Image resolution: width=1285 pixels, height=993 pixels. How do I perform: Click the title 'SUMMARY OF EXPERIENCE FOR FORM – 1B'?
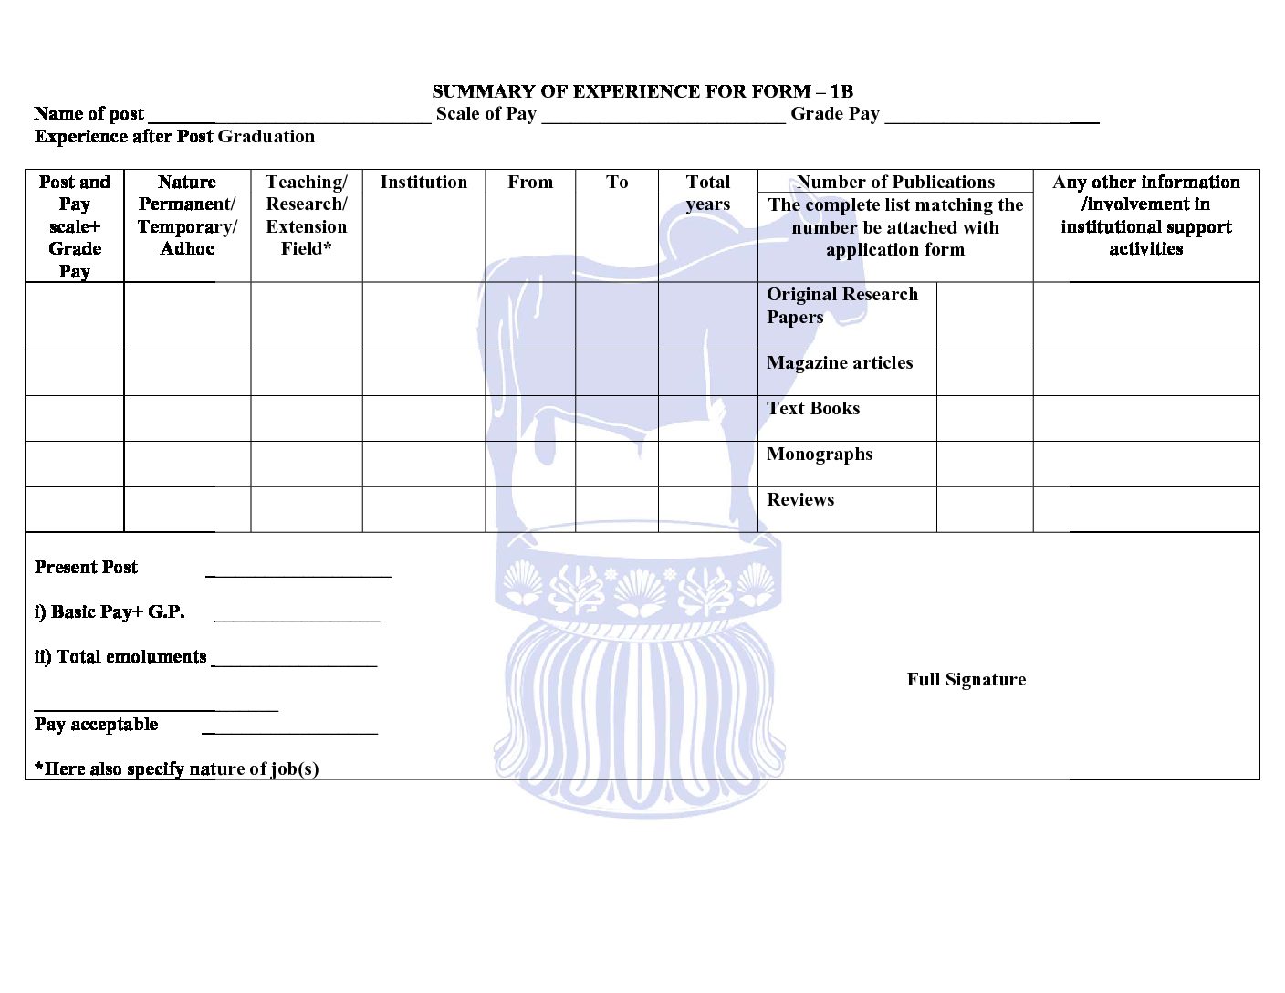(x=642, y=91)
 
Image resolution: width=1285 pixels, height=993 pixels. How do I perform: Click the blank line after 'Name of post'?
(x=288, y=119)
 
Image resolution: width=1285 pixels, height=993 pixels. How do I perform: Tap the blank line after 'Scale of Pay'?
(x=663, y=119)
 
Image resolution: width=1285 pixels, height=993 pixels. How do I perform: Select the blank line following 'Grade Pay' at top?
(x=991, y=119)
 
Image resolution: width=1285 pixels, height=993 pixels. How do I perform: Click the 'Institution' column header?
(x=423, y=183)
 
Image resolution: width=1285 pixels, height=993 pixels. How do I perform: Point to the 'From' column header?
(x=530, y=183)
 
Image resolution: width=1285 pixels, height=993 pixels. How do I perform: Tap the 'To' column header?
(x=617, y=183)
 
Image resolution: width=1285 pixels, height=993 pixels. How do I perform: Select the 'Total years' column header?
(x=708, y=193)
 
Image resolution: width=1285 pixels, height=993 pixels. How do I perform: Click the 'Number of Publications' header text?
(x=895, y=182)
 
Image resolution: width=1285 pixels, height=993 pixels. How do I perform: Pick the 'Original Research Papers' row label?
(x=841, y=306)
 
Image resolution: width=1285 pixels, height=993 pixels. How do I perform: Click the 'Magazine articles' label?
(x=840, y=363)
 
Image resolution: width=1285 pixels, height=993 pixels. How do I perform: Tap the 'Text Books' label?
(x=813, y=409)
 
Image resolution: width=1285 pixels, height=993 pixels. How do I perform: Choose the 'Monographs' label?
(x=820, y=455)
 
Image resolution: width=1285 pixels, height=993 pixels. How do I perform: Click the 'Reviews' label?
(x=800, y=500)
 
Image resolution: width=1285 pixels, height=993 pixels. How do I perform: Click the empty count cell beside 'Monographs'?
(x=984, y=464)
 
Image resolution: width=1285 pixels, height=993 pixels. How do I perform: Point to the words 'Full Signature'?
(x=966, y=680)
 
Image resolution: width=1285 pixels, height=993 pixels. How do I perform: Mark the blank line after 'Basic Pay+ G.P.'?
(x=296, y=619)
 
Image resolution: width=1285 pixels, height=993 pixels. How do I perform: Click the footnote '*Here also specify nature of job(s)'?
(x=177, y=769)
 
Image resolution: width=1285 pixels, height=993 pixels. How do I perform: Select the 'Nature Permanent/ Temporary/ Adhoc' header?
(x=187, y=215)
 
